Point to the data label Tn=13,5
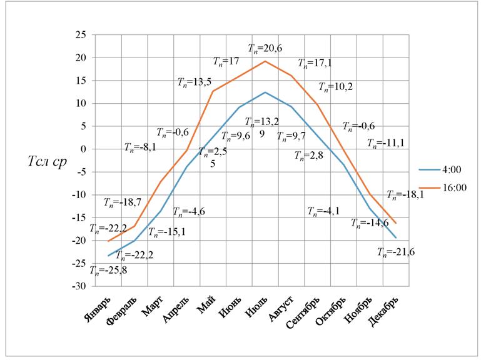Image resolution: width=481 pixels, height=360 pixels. click(195, 81)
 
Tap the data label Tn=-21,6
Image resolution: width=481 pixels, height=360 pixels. click(395, 252)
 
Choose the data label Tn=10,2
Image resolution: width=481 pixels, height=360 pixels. click(335, 86)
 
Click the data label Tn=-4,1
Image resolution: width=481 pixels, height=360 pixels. click(325, 211)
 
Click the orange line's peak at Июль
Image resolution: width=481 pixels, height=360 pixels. click(265, 61)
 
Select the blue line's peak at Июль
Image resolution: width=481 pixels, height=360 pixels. click(265, 92)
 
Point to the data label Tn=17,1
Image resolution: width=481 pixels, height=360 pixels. click(315, 63)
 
